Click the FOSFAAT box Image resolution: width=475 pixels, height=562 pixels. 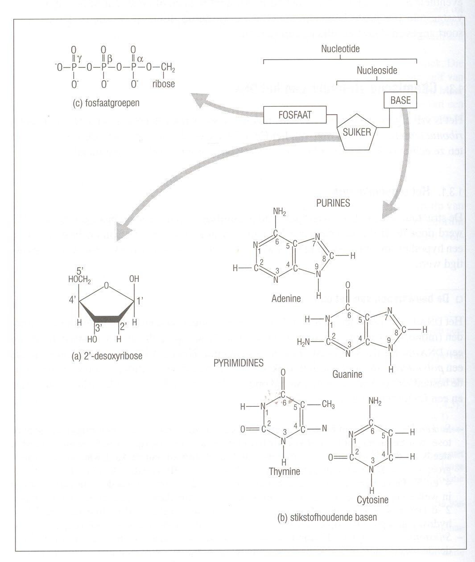click(x=295, y=115)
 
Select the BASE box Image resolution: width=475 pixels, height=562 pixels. click(x=401, y=100)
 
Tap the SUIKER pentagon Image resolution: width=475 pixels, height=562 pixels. click(x=357, y=132)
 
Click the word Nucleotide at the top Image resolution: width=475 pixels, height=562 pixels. click(x=340, y=49)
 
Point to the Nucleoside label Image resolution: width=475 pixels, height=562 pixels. click(x=377, y=70)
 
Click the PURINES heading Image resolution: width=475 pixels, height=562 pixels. click(x=333, y=203)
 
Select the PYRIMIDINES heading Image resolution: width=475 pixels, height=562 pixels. click(x=238, y=363)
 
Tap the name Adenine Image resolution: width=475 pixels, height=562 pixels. click(x=286, y=298)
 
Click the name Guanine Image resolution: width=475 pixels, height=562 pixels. click(x=347, y=374)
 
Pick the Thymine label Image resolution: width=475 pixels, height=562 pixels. click(x=285, y=471)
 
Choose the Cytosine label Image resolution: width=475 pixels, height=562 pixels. click(x=372, y=500)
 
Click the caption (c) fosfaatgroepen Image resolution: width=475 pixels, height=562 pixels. click(x=106, y=103)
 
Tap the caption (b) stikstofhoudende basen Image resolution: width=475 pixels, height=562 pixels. click(x=327, y=518)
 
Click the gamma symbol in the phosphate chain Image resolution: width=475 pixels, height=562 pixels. click(x=79, y=58)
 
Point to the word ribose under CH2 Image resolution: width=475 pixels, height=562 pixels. click(x=163, y=84)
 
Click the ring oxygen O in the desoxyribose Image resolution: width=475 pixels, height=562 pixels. click(x=106, y=285)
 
